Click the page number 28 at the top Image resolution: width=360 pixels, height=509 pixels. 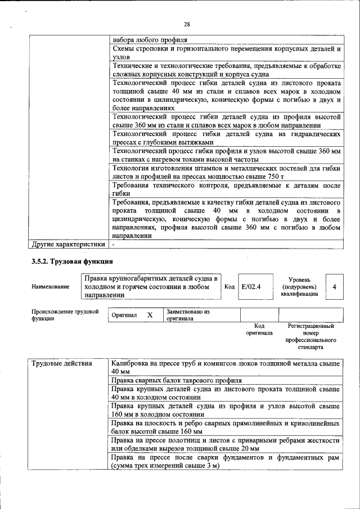[186, 23]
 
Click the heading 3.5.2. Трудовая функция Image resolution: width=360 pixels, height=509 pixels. [72, 262]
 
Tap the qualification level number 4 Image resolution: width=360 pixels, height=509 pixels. [335, 286]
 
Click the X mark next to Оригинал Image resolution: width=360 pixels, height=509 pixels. [150, 315]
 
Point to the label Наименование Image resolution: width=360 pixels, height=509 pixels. [51, 286]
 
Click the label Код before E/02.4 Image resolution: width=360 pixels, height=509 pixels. [229, 286]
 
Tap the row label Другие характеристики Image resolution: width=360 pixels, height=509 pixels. [69, 245]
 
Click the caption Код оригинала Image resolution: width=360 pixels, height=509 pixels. [259, 329]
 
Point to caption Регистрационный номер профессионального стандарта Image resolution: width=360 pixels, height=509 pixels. [310, 336]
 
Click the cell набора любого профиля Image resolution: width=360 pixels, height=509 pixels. [150, 40]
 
